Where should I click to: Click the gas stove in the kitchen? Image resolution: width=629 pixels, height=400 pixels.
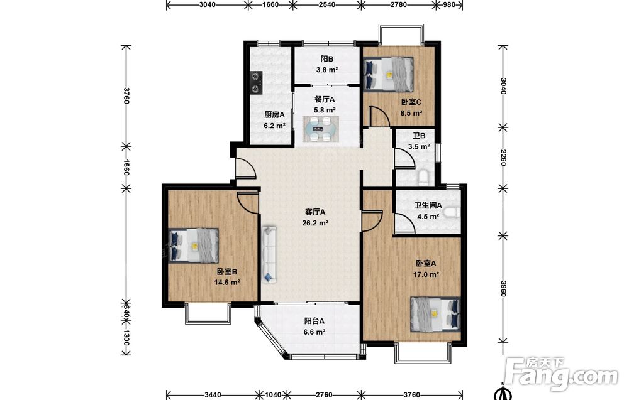click(256, 82)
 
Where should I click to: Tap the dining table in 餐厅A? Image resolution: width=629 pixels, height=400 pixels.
click(320, 129)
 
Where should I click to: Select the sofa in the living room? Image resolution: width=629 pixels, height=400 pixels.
click(269, 254)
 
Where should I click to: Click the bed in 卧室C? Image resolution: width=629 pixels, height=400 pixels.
click(388, 73)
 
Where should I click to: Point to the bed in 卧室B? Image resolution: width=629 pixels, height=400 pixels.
click(193, 246)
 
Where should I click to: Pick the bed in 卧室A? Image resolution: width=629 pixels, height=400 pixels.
click(435, 314)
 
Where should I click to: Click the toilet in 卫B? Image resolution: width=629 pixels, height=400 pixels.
click(423, 177)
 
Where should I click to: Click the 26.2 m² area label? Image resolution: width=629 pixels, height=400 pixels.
click(316, 223)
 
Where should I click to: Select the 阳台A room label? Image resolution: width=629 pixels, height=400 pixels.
click(314, 321)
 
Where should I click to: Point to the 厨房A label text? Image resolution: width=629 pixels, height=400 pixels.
click(274, 114)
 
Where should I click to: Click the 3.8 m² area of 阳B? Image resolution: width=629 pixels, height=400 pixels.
click(327, 70)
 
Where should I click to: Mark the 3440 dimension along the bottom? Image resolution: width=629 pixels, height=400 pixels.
click(213, 395)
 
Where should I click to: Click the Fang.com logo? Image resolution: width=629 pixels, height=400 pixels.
click(562, 374)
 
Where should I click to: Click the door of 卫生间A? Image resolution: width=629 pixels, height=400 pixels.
click(404, 223)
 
